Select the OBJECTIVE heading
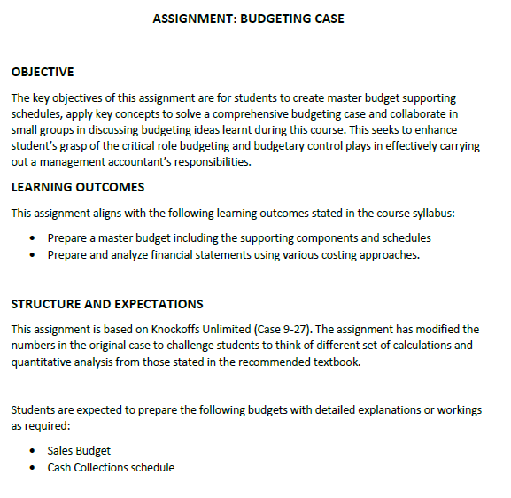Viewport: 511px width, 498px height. [x=43, y=72]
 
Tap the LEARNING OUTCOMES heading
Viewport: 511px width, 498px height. [x=78, y=187]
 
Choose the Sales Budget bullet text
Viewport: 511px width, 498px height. [x=79, y=450]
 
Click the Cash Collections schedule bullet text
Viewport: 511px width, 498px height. [x=111, y=467]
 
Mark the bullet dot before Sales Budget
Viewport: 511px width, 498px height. [x=33, y=451]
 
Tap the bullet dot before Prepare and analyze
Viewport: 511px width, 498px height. [x=33, y=255]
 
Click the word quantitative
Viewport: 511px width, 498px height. [x=43, y=362]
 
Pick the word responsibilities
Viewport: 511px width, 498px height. [x=213, y=162]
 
